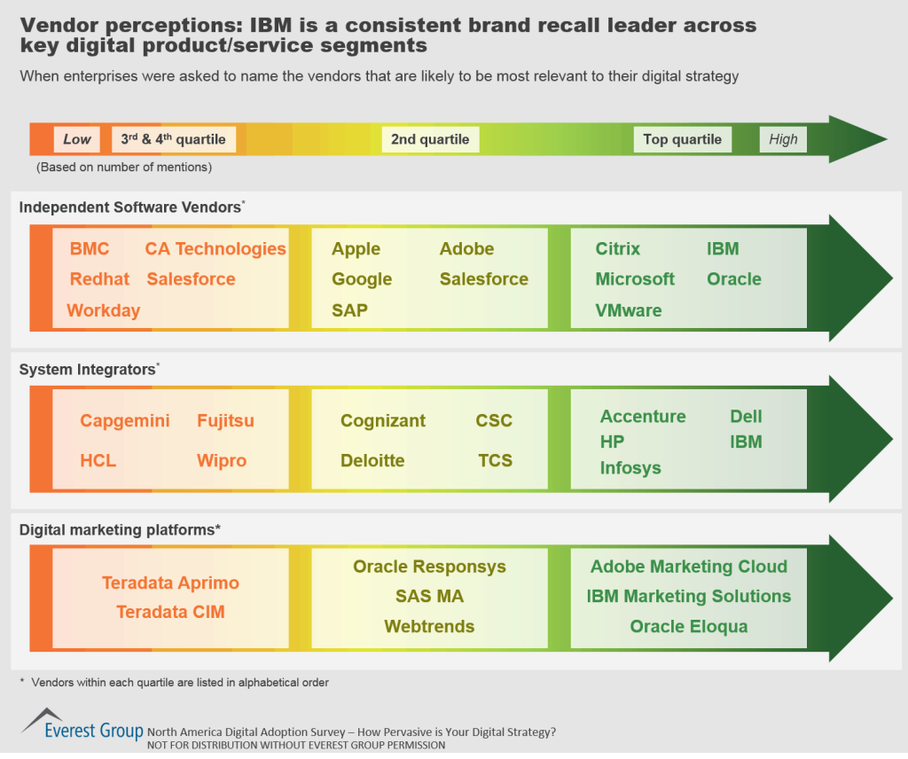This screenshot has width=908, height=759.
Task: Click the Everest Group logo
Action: [82, 724]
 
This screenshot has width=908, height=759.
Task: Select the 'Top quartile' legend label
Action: [682, 139]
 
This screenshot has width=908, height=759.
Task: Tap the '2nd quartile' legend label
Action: [430, 139]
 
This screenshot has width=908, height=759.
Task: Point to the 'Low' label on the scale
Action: [77, 139]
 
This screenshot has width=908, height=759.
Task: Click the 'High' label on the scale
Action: [783, 139]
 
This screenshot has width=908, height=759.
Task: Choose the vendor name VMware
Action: [629, 310]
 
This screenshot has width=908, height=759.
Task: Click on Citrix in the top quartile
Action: [618, 249]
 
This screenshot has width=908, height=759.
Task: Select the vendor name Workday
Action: [104, 310]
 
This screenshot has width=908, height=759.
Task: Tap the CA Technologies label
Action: [215, 249]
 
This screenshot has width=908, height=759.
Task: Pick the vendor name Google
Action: [362, 279]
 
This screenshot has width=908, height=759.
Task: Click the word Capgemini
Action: [125, 420]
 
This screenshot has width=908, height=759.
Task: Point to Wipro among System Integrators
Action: [222, 460]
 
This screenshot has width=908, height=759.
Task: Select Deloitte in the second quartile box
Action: [372, 460]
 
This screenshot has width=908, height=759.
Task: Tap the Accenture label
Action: [643, 416]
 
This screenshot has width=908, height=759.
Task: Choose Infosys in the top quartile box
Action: [630, 467]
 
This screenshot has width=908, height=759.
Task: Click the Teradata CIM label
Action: [170, 612]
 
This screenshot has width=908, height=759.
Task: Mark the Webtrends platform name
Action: [429, 626]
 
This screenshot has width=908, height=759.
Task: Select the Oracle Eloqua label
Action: [689, 626]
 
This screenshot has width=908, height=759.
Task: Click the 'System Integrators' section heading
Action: [87, 370]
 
